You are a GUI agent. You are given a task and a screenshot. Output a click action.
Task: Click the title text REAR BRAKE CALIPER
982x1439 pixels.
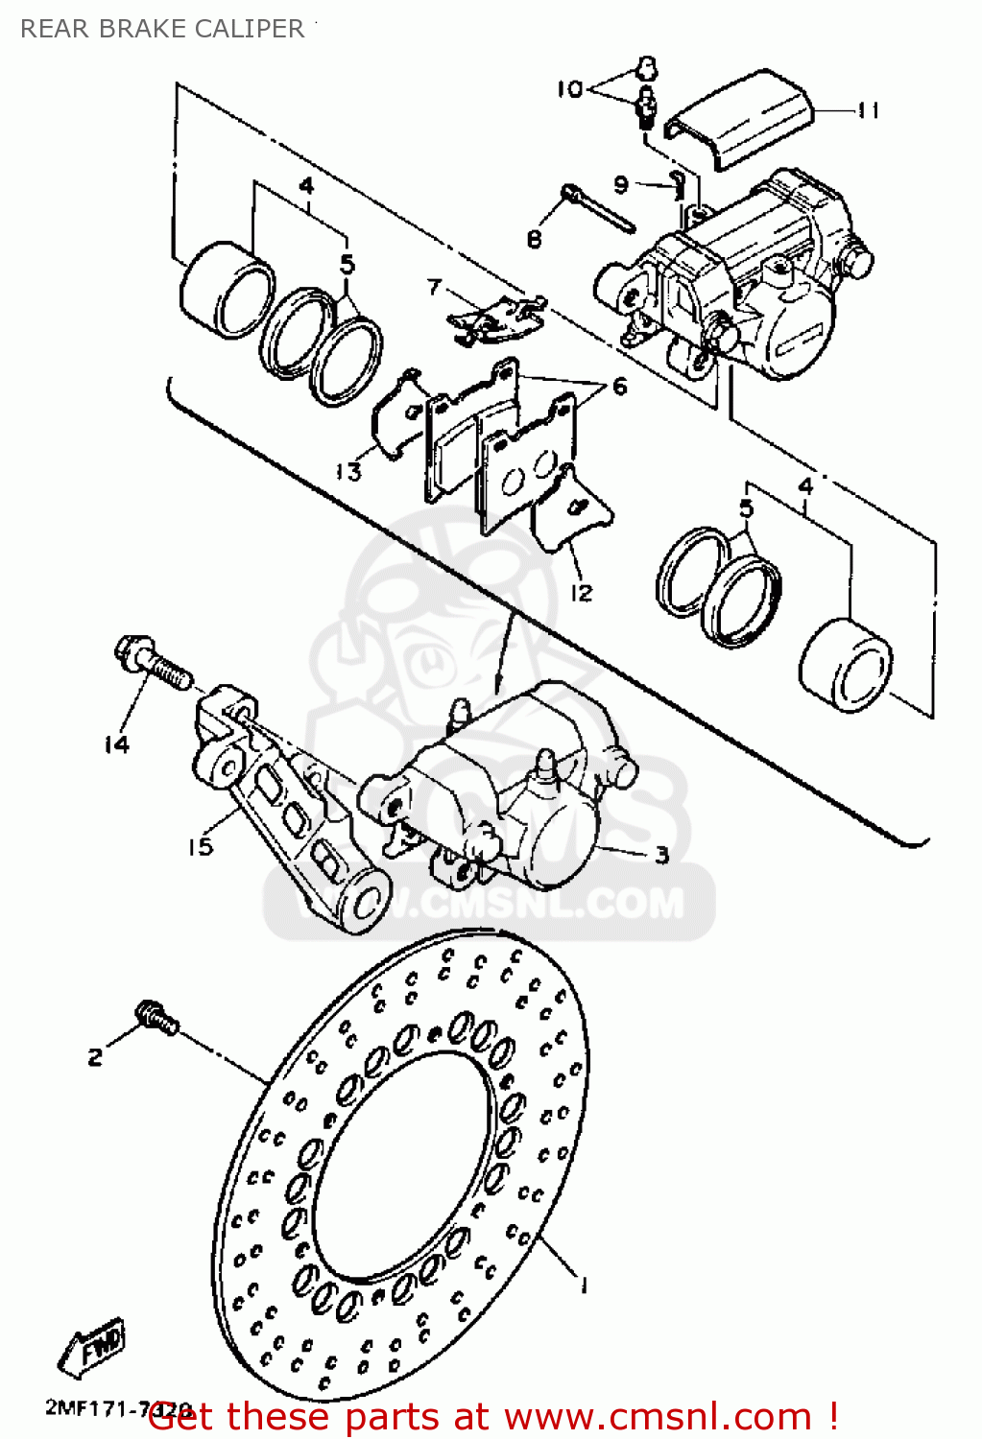point(161,29)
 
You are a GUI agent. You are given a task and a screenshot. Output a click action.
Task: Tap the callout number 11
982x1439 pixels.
point(868,111)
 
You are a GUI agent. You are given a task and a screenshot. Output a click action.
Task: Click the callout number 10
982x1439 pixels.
point(570,89)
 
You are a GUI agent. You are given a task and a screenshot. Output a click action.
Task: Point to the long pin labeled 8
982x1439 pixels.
point(599,208)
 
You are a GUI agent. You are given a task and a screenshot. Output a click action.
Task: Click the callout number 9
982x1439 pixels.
point(621,183)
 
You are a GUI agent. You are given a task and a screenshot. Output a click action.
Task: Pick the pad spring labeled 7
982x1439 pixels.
point(494,316)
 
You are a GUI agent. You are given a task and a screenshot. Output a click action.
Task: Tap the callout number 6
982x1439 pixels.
point(619,387)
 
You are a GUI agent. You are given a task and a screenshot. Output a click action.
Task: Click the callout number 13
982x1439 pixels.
point(348,471)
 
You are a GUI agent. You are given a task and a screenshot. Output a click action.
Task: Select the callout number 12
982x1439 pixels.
point(581,594)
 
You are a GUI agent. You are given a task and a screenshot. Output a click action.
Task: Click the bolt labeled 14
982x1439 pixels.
point(154,663)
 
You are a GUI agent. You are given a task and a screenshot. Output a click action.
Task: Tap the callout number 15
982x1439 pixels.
point(200,846)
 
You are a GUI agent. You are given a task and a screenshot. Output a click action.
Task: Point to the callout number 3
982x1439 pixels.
point(661,854)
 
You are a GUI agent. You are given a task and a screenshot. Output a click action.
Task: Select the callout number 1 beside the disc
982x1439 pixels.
point(582,1285)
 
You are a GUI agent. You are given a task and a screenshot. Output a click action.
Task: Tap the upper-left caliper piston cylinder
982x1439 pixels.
point(227,292)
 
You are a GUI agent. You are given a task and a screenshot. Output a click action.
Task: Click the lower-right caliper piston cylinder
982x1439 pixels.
point(846,667)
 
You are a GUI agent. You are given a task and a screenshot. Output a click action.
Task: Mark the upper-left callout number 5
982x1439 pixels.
point(347,264)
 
